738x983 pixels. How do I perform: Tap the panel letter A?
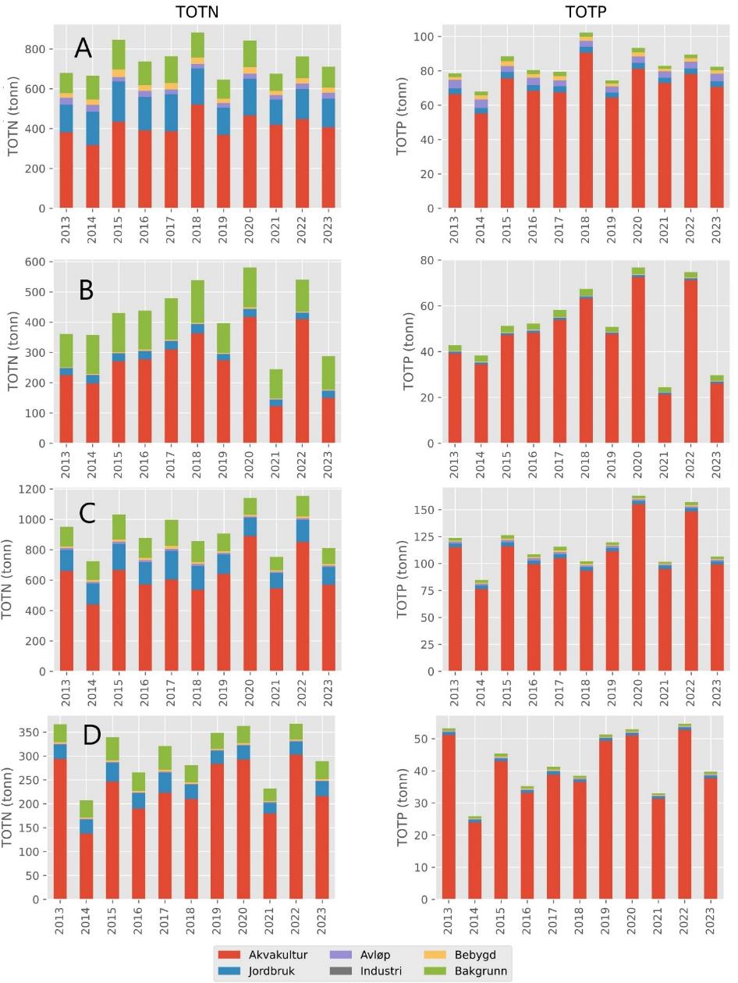pos(83,49)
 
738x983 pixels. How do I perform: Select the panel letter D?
pos(92,735)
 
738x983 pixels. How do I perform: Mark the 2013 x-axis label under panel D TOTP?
pos(449,920)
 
